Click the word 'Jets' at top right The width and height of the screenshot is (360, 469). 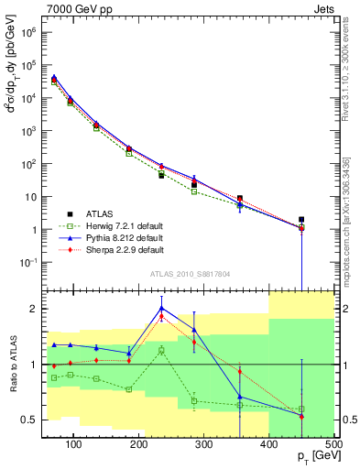click(322, 8)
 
